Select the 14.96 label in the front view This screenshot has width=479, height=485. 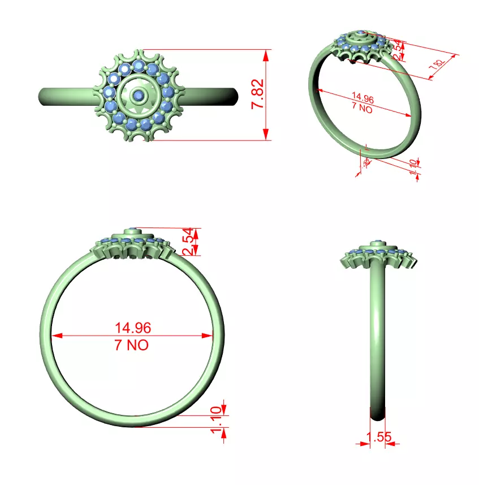[133, 328]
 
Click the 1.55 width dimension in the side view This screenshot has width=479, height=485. [379, 437]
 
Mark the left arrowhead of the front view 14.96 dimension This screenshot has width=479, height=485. [55, 336]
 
